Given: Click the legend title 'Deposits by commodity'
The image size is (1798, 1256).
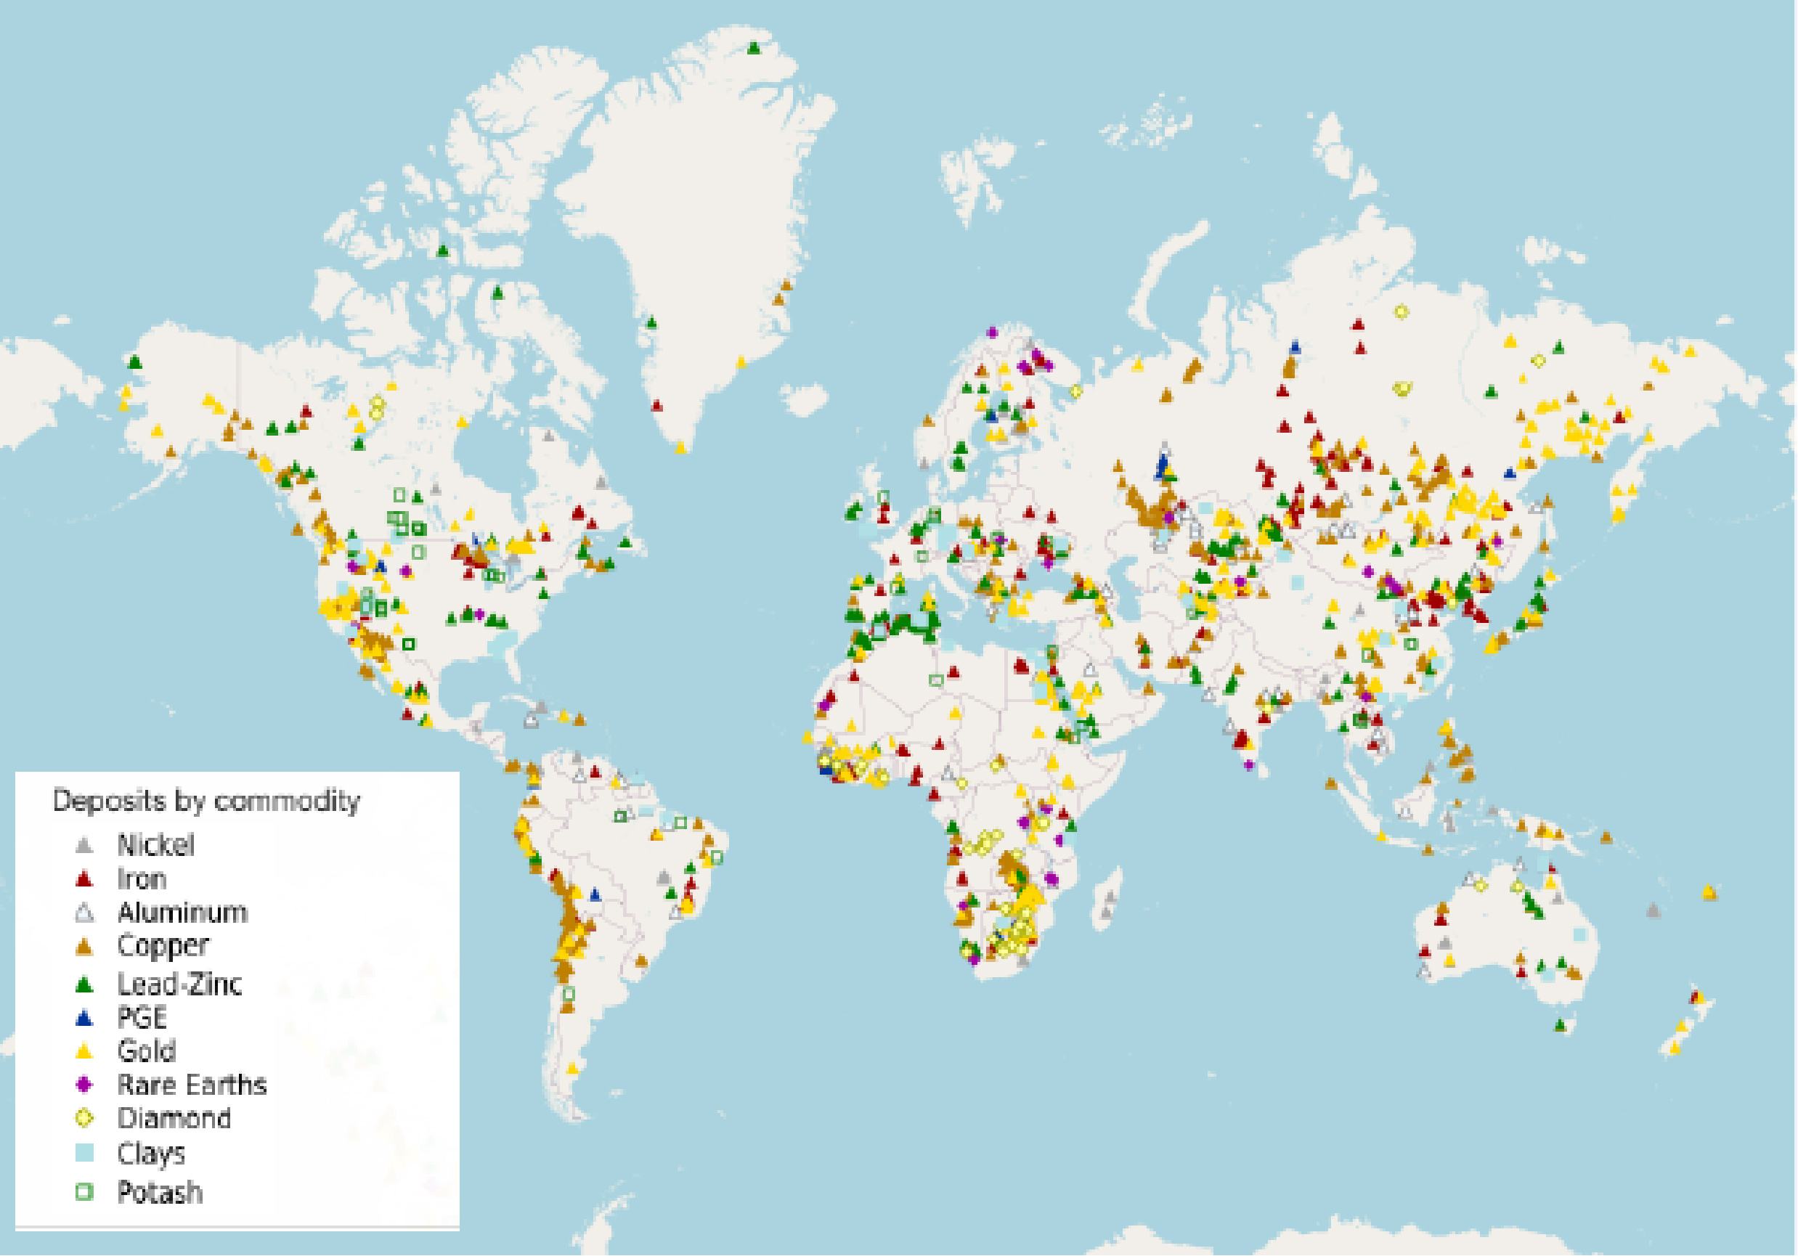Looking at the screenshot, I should coord(206,801).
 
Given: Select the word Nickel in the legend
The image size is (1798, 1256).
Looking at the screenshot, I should coord(156,845).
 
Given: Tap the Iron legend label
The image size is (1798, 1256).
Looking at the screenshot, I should coord(142,878).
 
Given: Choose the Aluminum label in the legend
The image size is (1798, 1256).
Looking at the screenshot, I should coord(182,913).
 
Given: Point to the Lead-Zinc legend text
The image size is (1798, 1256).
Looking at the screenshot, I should coord(179,984).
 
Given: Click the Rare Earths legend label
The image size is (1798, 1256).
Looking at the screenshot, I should coord(192,1085).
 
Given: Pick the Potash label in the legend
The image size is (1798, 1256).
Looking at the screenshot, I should coord(160,1192).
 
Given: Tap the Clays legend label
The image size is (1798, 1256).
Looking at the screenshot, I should coord(151,1153).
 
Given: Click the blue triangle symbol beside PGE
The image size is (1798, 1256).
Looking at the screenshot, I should coord(84,1018).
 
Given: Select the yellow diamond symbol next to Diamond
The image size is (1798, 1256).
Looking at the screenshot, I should coord(84,1118).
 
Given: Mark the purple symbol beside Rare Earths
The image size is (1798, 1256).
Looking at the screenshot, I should coord(84,1085).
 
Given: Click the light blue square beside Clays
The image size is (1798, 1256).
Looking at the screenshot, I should coord(84,1153).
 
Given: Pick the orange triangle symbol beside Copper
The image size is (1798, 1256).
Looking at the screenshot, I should coord(84,947).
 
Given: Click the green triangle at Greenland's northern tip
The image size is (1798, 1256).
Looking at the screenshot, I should coord(753,48).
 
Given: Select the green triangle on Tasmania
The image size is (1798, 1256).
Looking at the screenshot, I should coord(1560,1024).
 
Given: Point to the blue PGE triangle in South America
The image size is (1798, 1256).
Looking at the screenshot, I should coord(595,894).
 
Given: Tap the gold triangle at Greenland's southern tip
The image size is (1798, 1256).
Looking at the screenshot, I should coord(680,447).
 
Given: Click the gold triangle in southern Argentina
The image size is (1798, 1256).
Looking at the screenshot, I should coord(572,1067).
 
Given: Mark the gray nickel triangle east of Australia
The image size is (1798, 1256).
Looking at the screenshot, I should coord(1653,910).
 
